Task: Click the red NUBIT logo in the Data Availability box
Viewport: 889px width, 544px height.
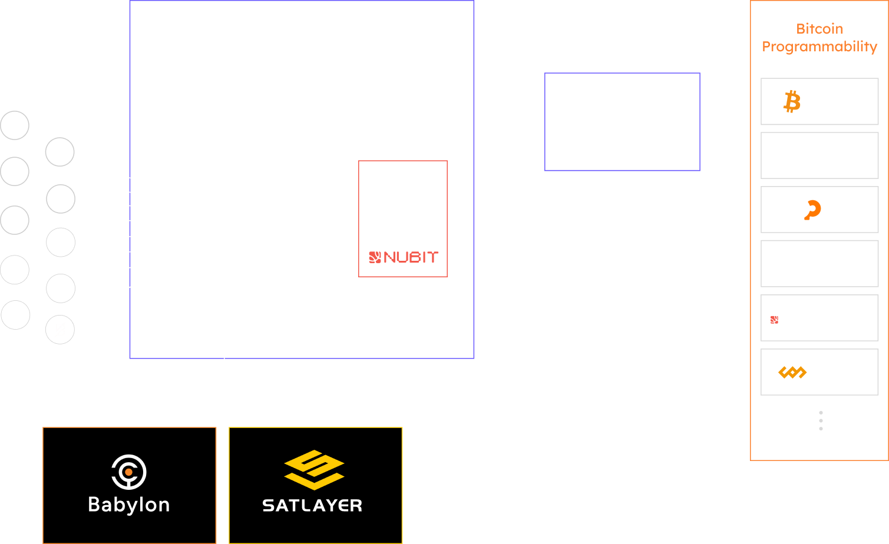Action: (404, 257)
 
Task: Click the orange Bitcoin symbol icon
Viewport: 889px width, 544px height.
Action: (792, 102)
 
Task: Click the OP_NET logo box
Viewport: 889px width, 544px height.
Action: (819, 209)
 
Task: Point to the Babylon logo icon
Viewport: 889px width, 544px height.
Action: (129, 472)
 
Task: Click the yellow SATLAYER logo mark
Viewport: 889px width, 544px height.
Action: (314, 469)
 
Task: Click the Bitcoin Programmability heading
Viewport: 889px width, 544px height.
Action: (819, 38)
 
